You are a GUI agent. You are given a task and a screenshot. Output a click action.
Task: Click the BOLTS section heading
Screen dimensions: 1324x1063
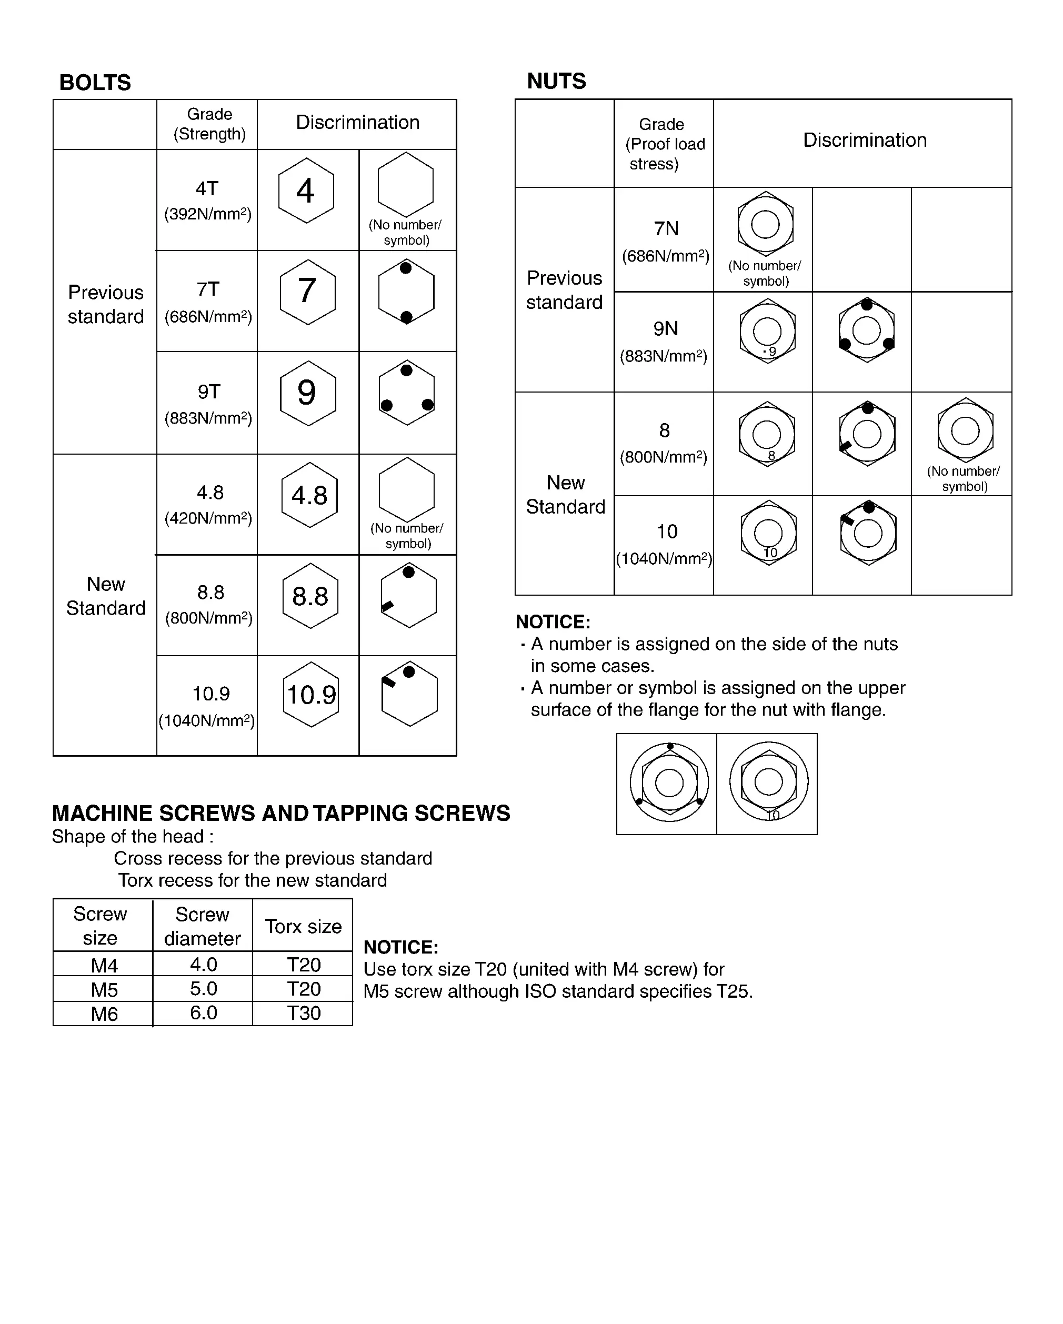(95, 82)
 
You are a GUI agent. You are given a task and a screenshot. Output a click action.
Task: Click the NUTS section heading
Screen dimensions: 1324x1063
(556, 81)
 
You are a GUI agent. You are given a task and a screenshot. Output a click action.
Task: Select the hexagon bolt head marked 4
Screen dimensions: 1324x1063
(306, 190)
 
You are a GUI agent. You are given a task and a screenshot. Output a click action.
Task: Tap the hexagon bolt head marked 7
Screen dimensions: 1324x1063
(307, 292)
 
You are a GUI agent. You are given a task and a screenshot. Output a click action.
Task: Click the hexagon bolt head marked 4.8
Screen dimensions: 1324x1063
(309, 495)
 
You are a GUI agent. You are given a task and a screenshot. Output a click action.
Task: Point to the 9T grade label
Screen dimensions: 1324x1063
(209, 391)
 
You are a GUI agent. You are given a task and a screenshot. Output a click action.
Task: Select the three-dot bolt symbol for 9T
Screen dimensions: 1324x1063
(407, 393)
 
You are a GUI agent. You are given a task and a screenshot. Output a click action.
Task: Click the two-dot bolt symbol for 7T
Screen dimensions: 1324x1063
(406, 292)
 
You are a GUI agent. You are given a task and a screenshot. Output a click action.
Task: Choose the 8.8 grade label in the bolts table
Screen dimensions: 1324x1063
(210, 592)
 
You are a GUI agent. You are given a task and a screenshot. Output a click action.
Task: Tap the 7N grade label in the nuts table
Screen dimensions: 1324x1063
(666, 228)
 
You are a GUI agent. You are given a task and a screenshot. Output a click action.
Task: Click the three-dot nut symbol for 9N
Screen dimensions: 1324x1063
(867, 331)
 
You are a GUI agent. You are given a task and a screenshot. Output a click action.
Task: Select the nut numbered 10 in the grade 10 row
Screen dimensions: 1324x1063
(768, 533)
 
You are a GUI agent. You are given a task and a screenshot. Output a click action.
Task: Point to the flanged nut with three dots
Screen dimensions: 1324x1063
(669, 783)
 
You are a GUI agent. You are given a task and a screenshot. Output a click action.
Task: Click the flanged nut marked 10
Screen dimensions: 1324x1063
(769, 783)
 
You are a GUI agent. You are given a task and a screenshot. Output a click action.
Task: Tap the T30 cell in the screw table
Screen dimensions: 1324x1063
(303, 1012)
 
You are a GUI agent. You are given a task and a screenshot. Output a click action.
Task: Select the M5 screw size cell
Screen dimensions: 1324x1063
(104, 989)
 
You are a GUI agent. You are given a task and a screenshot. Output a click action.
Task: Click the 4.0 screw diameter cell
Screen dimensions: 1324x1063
(203, 964)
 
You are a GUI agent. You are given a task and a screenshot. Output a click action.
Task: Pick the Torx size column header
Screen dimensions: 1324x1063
(303, 926)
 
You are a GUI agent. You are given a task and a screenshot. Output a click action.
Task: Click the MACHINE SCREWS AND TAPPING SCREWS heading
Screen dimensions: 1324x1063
(280, 813)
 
